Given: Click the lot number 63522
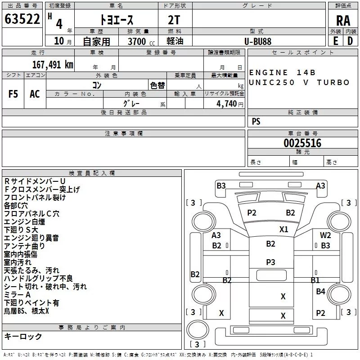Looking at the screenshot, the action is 22,19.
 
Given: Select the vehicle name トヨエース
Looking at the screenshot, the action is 117,20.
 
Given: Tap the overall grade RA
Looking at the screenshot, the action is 343,21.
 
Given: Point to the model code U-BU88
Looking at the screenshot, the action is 258,41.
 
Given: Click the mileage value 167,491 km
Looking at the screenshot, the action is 53,65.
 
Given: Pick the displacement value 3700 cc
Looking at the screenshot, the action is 141,41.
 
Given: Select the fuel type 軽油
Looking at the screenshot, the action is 175,41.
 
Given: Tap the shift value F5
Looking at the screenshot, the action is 13,94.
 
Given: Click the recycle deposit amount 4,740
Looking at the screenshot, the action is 227,104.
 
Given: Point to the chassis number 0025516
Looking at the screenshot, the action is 302,143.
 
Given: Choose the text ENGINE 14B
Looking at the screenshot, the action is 282,72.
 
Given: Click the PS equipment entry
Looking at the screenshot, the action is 256,121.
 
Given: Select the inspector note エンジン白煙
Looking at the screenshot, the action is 25,222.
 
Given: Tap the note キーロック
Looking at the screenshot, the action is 23,336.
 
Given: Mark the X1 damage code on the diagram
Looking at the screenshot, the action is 284,229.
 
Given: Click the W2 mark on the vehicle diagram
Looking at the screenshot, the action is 325,235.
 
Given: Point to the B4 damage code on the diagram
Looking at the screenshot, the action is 320,291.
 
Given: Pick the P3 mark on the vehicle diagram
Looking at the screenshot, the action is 270,262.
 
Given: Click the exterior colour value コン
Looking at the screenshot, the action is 97,85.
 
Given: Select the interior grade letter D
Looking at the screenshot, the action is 350,41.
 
